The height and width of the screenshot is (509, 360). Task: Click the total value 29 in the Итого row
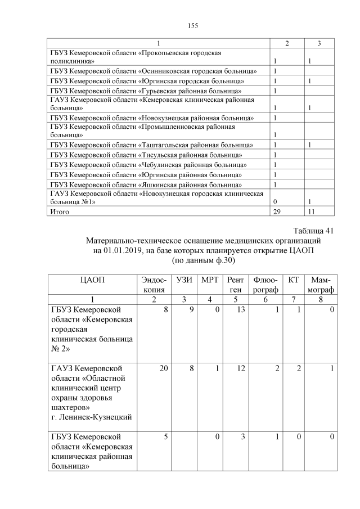(277, 212)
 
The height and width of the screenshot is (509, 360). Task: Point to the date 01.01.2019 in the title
(124, 251)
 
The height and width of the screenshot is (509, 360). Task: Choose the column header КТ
(293, 280)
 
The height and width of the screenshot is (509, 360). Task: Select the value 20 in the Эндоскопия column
(161, 368)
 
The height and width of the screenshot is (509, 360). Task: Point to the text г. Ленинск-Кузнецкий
(91, 417)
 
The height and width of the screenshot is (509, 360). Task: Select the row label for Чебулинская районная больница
(148, 165)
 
